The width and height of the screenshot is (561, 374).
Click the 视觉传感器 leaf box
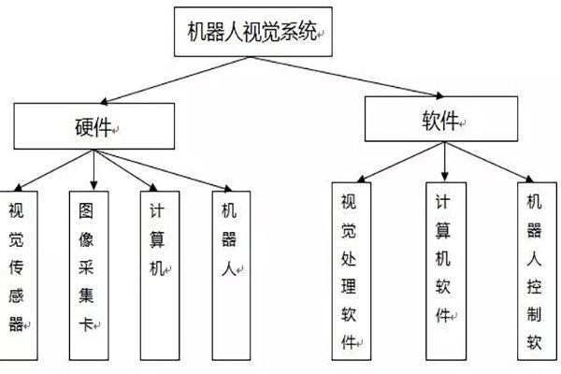[19, 271]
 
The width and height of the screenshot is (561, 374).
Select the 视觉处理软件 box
[350, 271]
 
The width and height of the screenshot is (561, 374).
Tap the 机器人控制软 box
[535, 271]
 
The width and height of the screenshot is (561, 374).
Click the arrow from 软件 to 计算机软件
[445, 161]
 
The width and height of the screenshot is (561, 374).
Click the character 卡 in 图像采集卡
[87, 326]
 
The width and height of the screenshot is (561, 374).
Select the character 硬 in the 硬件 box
[82, 125]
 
